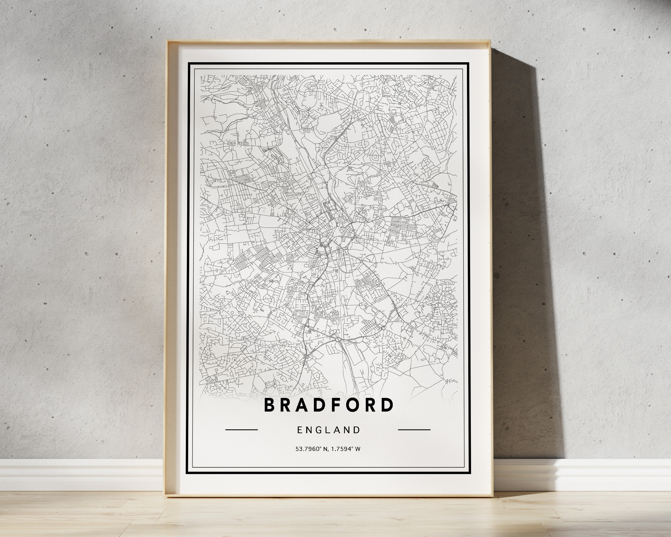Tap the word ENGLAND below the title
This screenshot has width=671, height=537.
(329, 430)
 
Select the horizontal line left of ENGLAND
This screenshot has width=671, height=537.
(241, 430)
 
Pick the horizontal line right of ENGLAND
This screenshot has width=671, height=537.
(414, 430)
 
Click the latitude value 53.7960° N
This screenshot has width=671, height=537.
(312, 449)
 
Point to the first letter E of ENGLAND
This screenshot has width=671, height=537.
(299, 430)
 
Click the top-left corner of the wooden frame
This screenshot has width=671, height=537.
(167, 41)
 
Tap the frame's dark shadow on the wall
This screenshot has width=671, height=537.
(523, 218)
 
